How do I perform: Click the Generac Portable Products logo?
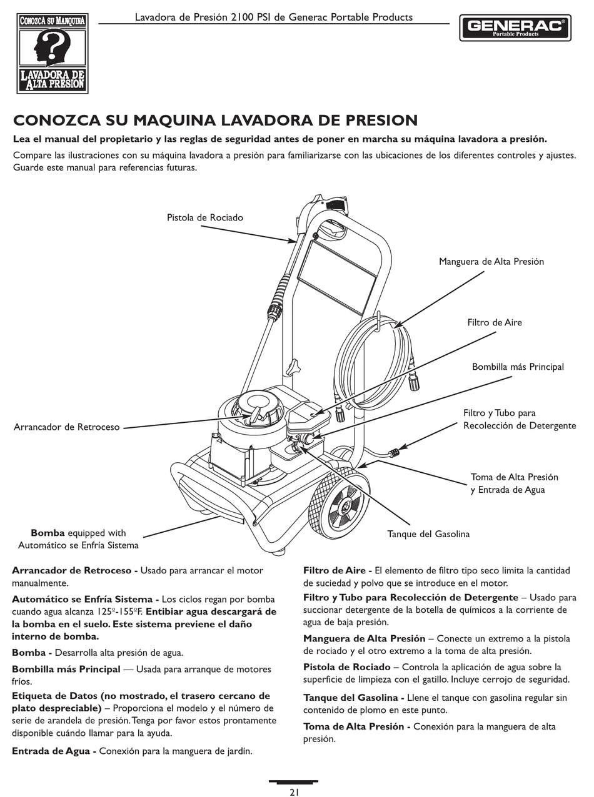515,27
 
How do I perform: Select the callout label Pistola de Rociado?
204,217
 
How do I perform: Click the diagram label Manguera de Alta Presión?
491,262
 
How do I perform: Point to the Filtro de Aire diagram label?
494,322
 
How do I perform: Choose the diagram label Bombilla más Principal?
518,367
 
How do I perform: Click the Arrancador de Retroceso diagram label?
66,427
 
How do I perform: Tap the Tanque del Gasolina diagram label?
428,534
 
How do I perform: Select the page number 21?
294,792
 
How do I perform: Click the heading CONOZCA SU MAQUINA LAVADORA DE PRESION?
215,120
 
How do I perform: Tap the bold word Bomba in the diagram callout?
48,533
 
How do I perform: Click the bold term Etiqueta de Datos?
54,696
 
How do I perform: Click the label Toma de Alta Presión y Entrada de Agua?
514,483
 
